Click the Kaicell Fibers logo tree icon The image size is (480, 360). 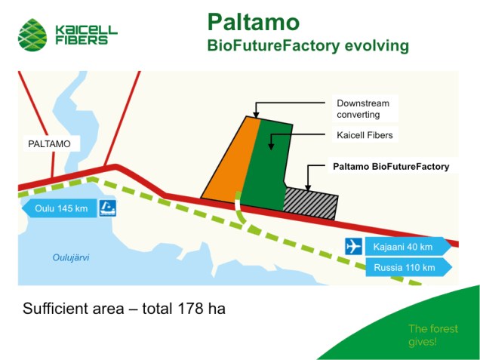pos(34,31)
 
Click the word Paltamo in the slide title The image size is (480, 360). pos(253,20)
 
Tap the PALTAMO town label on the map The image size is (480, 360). pos(44,143)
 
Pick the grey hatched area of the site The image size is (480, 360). pos(310,200)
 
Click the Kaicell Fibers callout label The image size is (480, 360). pos(365,135)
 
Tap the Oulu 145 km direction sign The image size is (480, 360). pos(60,208)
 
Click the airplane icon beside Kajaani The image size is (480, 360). pos(353,247)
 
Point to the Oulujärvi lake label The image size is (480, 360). pos(70,257)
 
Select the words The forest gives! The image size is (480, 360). pos(432,335)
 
